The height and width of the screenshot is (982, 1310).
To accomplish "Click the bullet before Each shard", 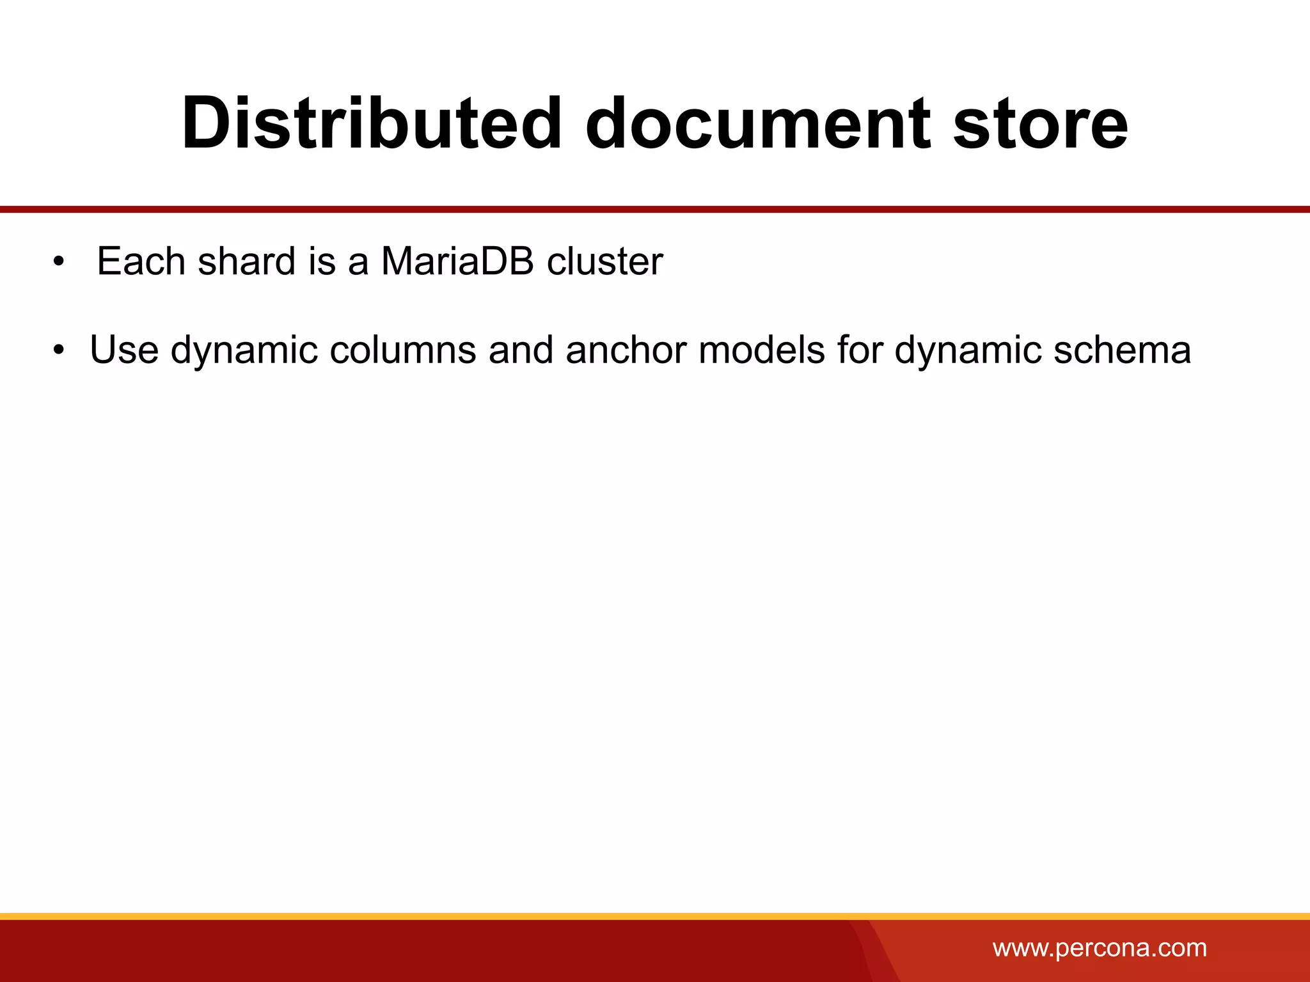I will (x=59, y=262).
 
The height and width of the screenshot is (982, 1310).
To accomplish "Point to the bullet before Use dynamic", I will (x=59, y=351).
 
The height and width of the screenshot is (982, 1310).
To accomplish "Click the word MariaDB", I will (x=457, y=261).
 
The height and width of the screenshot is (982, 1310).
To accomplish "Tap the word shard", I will (x=247, y=261).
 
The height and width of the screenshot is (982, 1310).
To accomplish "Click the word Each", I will (x=141, y=261).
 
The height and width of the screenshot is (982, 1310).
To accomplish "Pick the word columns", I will (x=403, y=350).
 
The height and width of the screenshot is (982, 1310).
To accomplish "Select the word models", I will (x=761, y=350).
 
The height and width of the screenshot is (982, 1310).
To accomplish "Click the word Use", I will (x=124, y=350).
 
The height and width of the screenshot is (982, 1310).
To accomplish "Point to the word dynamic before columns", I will (x=244, y=352).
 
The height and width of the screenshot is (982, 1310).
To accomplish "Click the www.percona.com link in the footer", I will (x=1099, y=947).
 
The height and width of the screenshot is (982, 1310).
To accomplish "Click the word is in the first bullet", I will (x=322, y=261).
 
